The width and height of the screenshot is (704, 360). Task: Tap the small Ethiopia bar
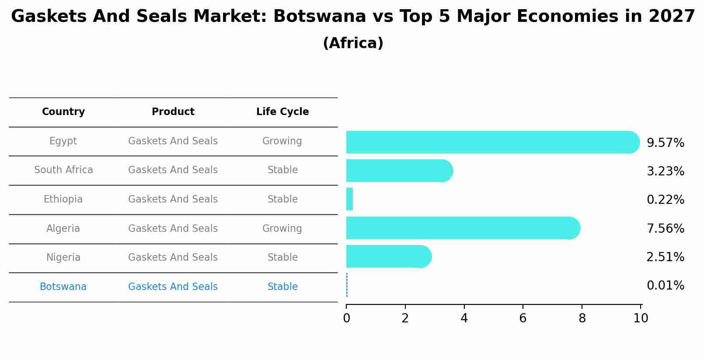[x=349, y=199]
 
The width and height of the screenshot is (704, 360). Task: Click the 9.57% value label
[x=665, y=143]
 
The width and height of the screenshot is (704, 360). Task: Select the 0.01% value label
[x=665, y=286]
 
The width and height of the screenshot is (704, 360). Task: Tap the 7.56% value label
[x=665, y=228]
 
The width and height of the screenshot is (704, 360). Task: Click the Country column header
[x=63, y=112]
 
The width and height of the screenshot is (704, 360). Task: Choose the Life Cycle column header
[x=282, y=112]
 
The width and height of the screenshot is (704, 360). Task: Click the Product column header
[x=173, y=112]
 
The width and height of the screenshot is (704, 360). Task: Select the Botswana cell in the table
[x=63, y=287]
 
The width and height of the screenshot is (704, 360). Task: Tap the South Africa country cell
[x=63, y=170]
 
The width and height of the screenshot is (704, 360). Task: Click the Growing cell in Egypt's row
[x=282, y=141]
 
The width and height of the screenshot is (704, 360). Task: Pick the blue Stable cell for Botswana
[x=282, y=287]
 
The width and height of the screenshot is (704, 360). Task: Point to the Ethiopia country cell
[x=63, y=199]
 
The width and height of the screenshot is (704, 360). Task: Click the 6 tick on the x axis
[x=523, y=318]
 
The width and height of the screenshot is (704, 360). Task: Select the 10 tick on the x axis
[x=641, y=318]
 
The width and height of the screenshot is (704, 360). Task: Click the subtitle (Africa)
[x=353, y=43]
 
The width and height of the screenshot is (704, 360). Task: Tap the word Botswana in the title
[x=320, y=17]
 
